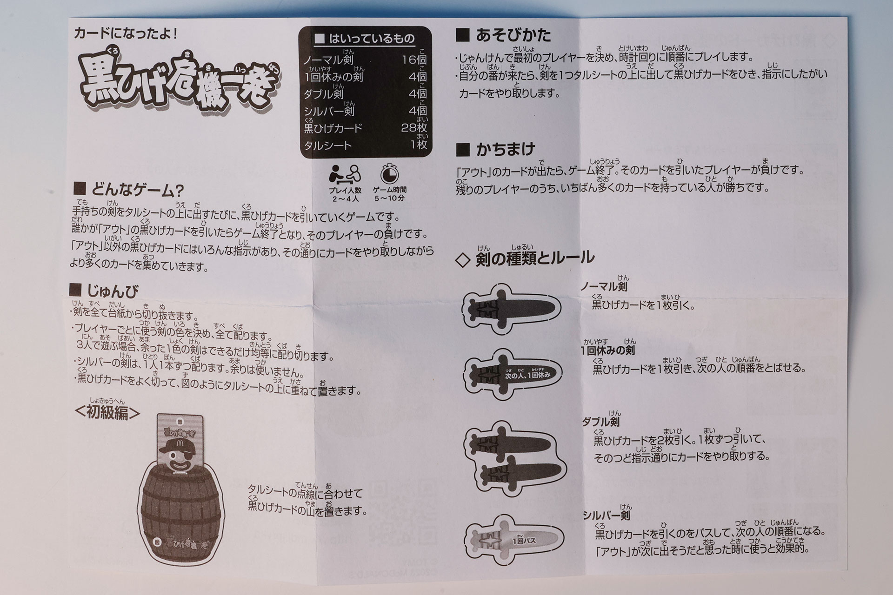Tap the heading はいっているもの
coord(365,39)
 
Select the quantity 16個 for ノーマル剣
coord(414,59)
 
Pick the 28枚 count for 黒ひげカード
coord(414,128)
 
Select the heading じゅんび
coord(105,291)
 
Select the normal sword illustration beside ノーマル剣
coord(512,310)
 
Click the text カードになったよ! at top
coord(126,33)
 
